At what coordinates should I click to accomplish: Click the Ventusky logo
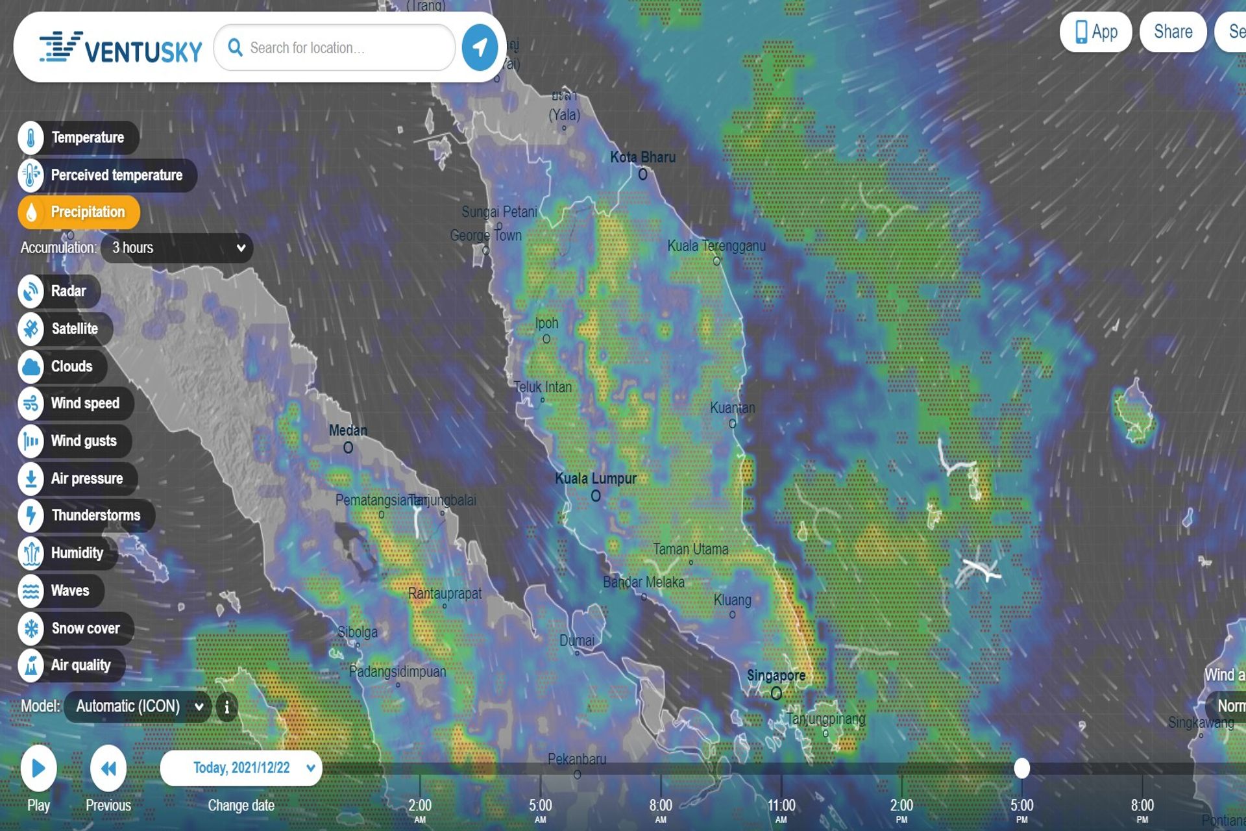pos(121,48)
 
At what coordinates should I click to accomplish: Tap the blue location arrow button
pos(480,47)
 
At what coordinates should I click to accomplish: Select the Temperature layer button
pos(79,138)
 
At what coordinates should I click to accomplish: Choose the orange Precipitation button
pos(79,212)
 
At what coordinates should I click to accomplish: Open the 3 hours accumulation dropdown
pos(177,248)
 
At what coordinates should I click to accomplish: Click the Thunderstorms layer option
pos(86,515)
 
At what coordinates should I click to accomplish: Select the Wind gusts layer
pos(75,441)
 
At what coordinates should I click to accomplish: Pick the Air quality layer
pos(71,665)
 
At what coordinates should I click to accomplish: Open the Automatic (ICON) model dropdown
pos(138,706)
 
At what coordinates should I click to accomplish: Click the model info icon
pos(226,707)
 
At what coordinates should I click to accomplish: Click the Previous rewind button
pos(108,769)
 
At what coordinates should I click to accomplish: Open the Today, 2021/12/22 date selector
pos(241,768)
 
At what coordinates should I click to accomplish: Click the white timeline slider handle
pos(1021,768)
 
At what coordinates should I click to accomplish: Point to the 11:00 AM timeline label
pos(781,808)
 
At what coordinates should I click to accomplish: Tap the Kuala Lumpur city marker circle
pos(596,496)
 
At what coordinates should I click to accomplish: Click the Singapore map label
pos(776,676)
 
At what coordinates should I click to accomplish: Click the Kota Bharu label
pos(642,157)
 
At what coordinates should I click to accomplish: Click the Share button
pos(1173,32)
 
